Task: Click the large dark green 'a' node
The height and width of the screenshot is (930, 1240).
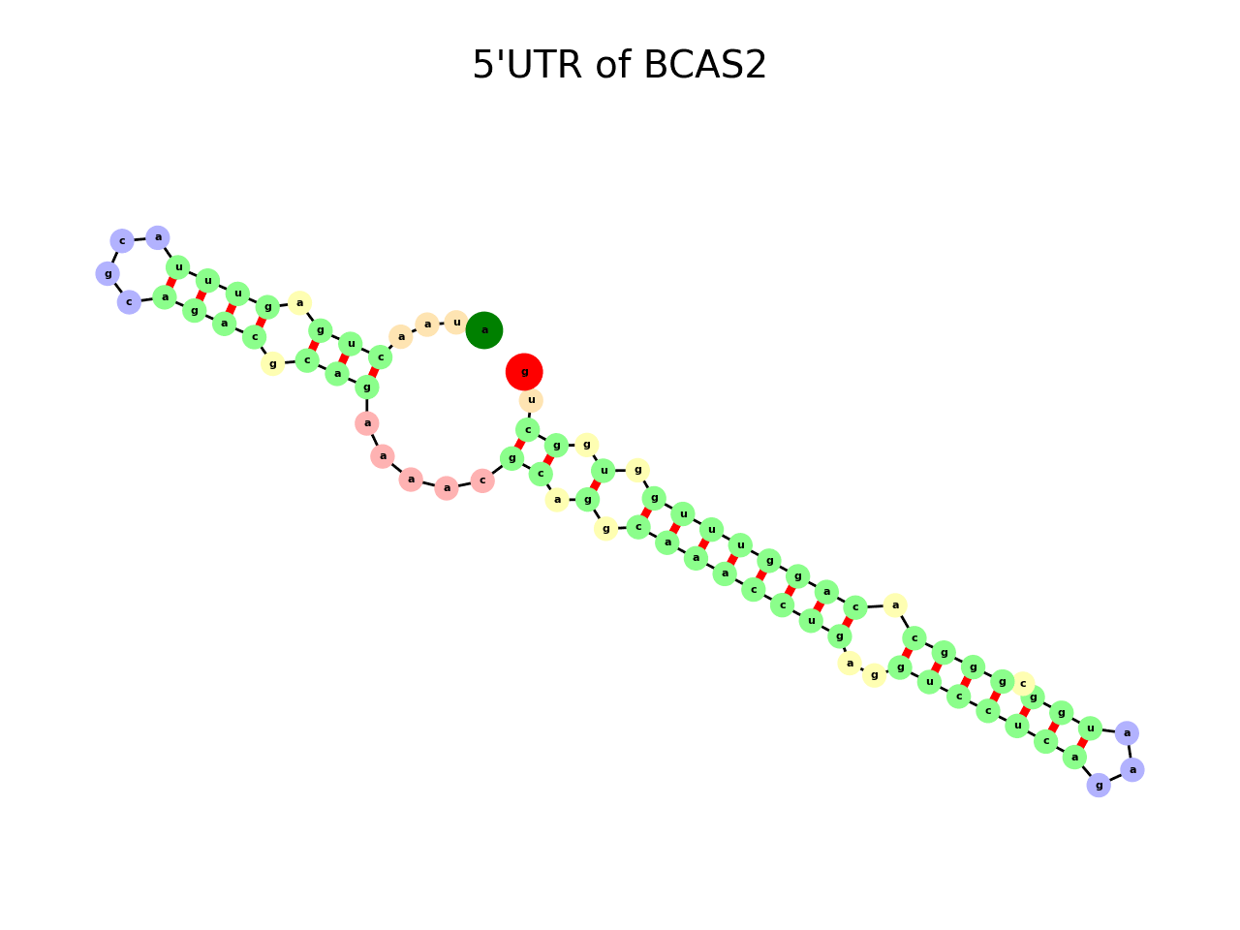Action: click(484, 330)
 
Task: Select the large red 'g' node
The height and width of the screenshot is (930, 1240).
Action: click(524, 371)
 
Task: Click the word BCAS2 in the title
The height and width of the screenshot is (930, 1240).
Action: click(704, 65)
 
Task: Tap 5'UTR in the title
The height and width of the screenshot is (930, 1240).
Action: click(527, 65)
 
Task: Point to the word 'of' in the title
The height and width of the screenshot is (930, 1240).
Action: click(612, 65)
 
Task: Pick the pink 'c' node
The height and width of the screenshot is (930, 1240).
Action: click(482, 480)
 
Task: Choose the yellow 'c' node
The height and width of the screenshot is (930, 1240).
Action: click(1023, 684)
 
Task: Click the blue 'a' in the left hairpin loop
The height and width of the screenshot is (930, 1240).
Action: click(158, 237)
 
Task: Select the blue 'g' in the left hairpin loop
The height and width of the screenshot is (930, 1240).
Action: click(108, 274)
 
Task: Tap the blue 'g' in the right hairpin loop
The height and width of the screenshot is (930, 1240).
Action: click(1098, 785)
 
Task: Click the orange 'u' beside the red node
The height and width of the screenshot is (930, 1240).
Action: click(531, 400)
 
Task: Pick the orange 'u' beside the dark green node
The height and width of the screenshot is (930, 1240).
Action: click(456, 323)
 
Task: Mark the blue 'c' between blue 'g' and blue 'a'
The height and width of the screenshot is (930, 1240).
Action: click(122, 240)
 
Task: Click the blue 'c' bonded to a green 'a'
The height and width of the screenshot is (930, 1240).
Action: click(129, 302)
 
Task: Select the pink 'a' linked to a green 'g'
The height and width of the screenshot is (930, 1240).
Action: click(367, 423)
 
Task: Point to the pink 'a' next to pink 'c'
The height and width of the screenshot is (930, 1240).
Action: click(447, 487)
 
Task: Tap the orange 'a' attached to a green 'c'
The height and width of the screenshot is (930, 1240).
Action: click(401, 337)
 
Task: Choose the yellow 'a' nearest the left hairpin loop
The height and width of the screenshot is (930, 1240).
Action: click(299, 303)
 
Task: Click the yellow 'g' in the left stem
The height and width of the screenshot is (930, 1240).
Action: click(272, 364)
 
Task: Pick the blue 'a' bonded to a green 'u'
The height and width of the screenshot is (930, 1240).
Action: click(1127, 733)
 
